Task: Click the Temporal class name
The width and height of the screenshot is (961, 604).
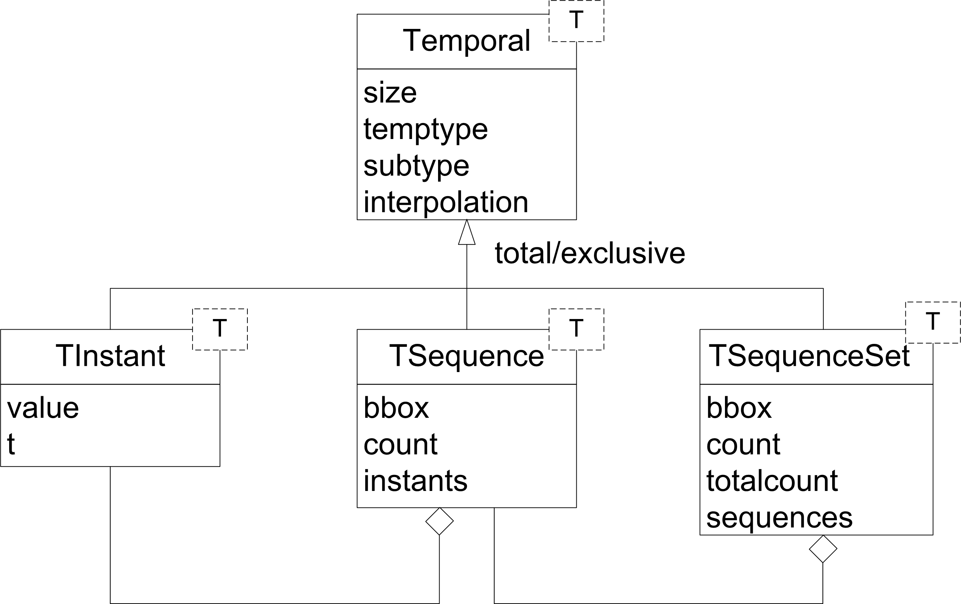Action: click(466, 41)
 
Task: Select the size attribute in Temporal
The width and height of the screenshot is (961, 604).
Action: click(390, 93)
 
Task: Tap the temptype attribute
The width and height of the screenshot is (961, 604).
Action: click(426, 130)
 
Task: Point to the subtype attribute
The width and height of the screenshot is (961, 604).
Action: click(416, 166)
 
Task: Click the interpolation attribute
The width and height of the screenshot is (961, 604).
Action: click(445, 202)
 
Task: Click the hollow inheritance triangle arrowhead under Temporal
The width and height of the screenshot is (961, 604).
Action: click(467, 233)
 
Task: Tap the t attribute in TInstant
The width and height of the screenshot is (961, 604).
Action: click(11, 444)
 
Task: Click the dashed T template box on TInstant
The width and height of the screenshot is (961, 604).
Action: click(220, 329)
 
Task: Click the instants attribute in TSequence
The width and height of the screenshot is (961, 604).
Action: click(415, 481)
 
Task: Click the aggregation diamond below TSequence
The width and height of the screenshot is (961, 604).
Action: click(440, 521)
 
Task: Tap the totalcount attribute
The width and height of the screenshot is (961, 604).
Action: click(772, 481)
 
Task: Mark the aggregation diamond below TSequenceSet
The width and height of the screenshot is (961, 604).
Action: click(823, 549)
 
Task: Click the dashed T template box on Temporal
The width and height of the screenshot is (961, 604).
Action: click(576, 21)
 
